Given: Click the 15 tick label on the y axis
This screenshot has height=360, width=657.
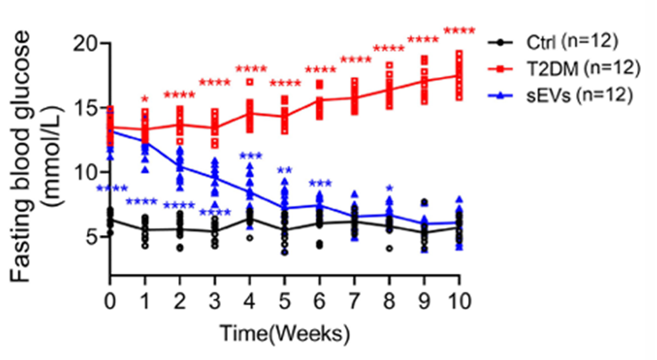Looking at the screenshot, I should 85,108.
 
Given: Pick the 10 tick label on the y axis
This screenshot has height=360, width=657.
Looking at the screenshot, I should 85,172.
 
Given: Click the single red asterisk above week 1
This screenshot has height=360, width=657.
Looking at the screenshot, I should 145,100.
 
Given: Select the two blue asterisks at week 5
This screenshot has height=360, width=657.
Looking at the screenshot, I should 285,172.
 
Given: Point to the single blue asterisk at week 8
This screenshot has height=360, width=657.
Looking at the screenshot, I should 388,189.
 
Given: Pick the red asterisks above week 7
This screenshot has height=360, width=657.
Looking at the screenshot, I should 355,60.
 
